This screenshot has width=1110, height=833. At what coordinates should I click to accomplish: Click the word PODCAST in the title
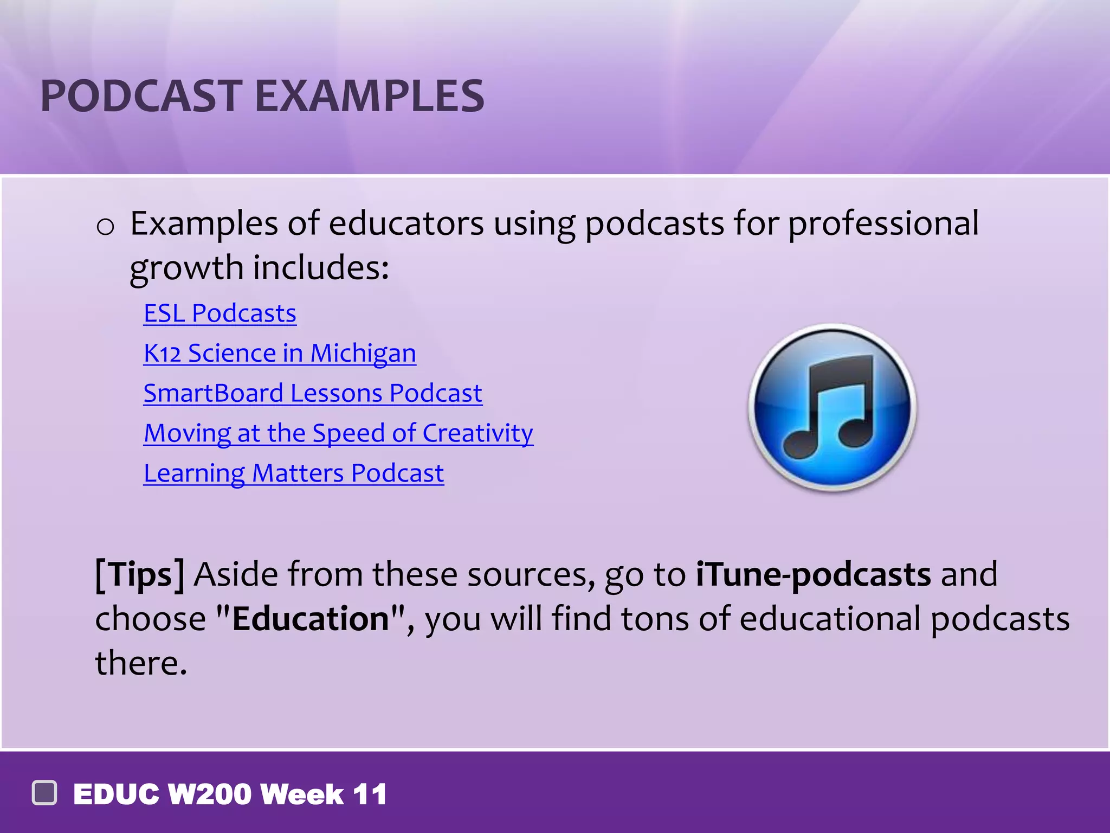141,96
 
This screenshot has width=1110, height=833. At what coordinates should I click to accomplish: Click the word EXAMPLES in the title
369,96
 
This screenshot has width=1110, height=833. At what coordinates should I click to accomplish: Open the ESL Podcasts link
220,313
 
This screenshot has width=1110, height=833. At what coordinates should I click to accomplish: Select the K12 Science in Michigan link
279,353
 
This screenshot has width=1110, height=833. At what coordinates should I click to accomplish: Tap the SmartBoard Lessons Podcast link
313,393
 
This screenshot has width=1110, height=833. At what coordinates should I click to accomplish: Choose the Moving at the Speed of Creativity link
338,433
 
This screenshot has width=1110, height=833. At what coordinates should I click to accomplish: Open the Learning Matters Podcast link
293,473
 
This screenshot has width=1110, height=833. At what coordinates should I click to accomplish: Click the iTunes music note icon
832,407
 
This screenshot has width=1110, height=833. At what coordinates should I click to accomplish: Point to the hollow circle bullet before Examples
105,226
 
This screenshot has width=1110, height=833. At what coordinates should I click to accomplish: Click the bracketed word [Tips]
140,574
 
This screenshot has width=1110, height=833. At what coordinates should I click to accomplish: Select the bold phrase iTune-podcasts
813,574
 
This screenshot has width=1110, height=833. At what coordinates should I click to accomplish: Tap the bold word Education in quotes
311,619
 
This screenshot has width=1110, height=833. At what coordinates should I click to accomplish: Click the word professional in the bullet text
883,223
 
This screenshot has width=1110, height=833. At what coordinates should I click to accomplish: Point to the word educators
406,223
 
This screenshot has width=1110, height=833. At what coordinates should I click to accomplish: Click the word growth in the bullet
186,268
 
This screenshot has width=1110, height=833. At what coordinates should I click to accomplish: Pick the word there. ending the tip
141,663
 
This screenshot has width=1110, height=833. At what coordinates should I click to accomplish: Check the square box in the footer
44,793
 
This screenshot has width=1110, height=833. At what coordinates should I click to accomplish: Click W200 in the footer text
210,794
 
